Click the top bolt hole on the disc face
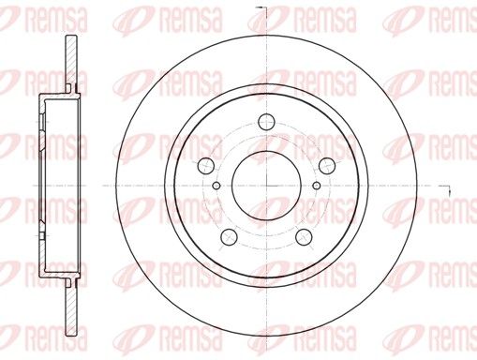[266, 122]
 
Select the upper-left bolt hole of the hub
[207, 166]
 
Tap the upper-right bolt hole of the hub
[327, 166]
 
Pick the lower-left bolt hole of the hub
[229, 237]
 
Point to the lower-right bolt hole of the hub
[305, 237]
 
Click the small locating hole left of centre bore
[216, 186]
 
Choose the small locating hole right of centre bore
[317, 186]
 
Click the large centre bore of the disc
[266, 186]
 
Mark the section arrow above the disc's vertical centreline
[261, 8]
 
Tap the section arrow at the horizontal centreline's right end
[445, 189]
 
